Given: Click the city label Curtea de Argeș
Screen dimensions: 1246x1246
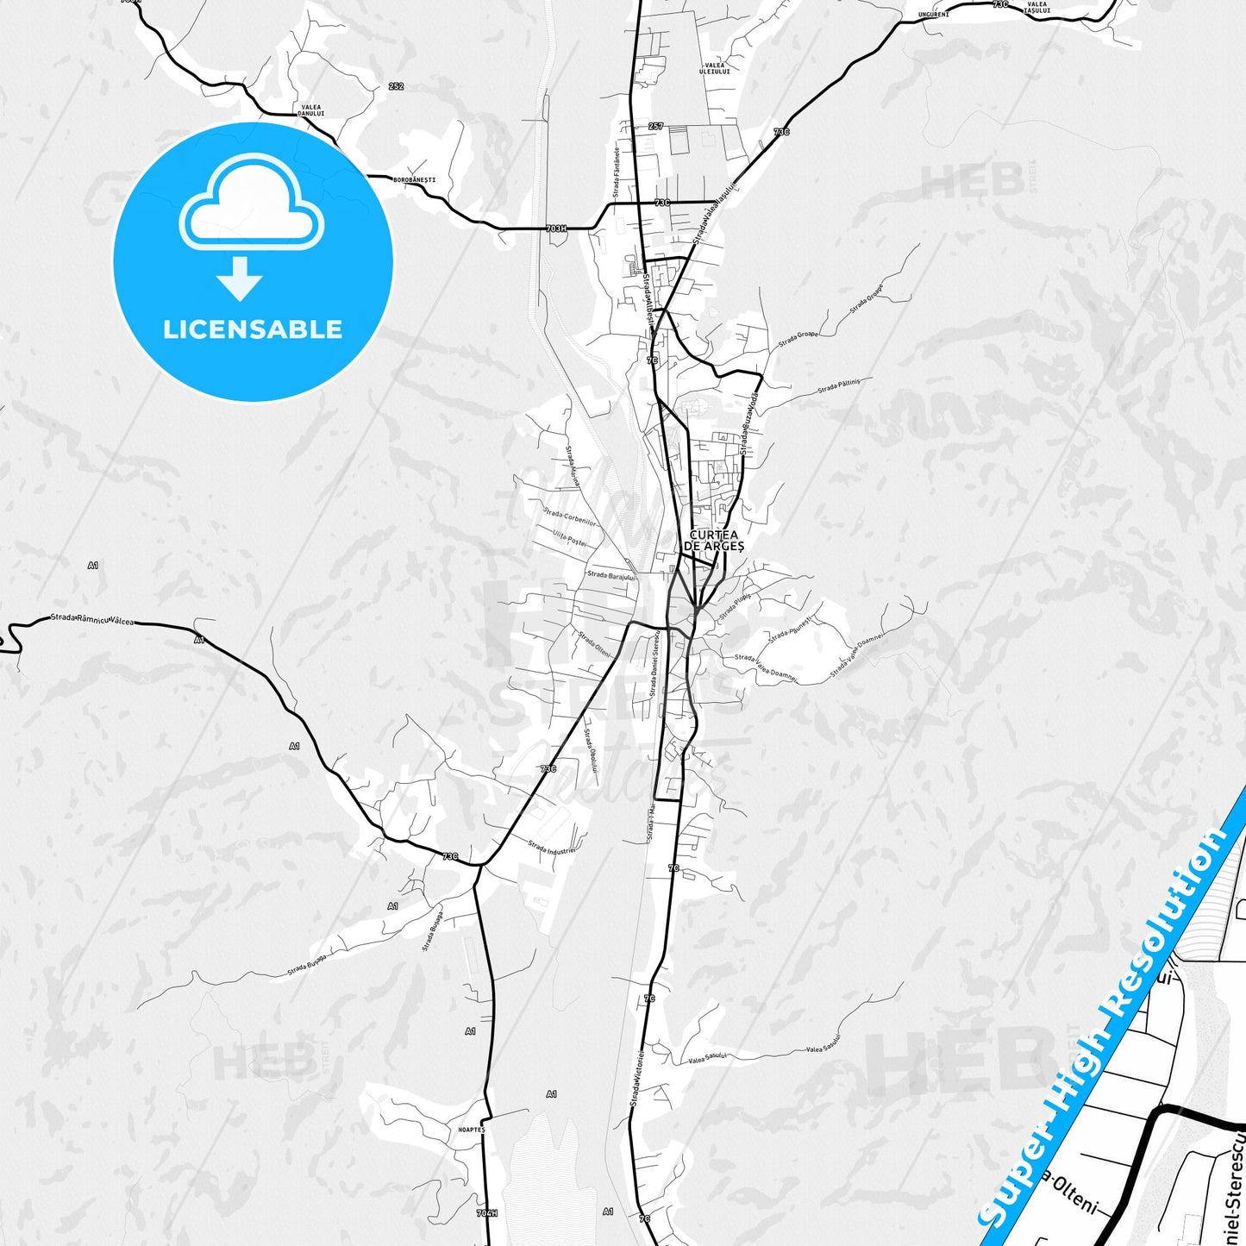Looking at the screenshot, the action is point(713,541).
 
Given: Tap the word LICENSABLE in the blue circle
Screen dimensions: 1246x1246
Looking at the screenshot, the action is point(253,329).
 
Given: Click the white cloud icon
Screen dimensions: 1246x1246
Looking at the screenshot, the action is point(251,205).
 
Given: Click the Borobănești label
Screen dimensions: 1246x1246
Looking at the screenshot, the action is point(414,179).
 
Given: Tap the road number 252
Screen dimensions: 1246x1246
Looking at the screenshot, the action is point(396,86).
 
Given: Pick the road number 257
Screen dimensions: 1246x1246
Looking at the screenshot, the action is point(655,127).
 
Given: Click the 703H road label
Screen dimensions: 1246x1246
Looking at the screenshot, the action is point(556,229).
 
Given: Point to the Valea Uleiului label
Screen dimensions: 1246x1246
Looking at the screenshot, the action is point(715,68).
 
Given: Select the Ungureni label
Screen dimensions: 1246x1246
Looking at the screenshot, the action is point(933,15).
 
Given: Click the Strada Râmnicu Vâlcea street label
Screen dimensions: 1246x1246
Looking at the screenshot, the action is point(92,618).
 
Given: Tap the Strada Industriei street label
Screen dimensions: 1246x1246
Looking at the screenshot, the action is point(552,847).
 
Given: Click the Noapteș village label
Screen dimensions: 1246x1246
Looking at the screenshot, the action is point(472,1129).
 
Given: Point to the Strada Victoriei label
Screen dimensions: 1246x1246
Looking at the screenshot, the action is point(636,1078).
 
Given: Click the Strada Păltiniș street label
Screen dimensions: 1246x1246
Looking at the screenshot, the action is point(839,385).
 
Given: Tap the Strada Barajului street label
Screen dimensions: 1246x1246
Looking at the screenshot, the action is point(610,575).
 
